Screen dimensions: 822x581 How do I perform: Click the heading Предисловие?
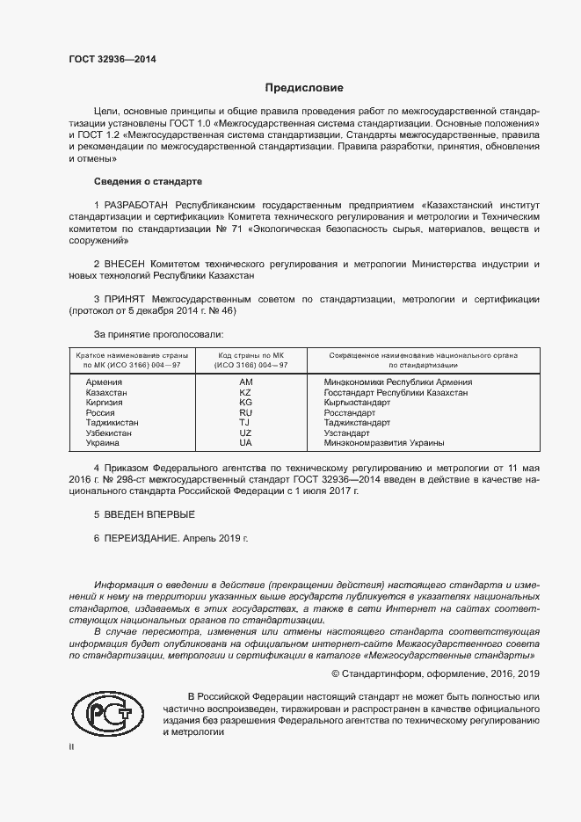305,88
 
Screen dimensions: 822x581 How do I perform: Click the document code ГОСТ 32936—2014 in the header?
112,60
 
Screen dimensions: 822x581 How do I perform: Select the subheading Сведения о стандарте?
148,181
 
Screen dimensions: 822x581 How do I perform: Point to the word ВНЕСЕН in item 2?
126,264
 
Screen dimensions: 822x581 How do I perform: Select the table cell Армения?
104,382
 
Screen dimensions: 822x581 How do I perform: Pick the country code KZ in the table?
245,393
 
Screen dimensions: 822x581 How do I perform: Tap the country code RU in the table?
245,413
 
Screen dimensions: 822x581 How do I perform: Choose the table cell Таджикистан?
112,423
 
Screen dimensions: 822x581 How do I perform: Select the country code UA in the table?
245,443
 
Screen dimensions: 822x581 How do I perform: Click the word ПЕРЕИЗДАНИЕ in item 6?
141,537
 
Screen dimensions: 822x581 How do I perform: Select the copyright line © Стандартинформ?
434,673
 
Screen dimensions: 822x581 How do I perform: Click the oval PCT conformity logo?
107,712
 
